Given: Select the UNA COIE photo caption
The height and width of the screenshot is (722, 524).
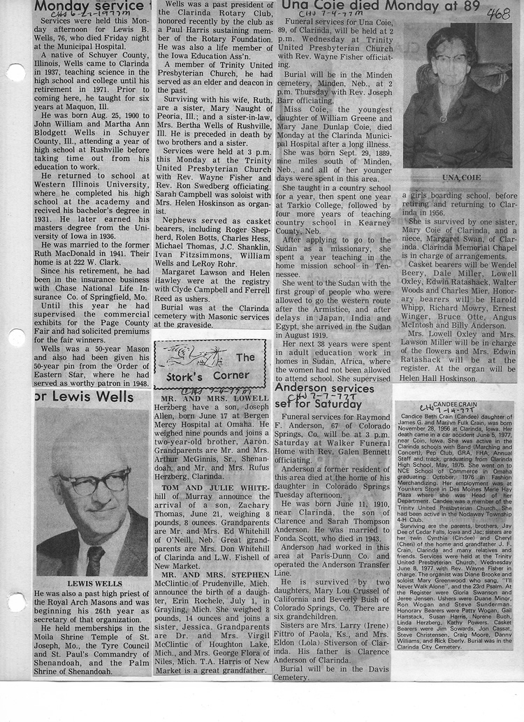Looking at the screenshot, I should pos(457,178).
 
